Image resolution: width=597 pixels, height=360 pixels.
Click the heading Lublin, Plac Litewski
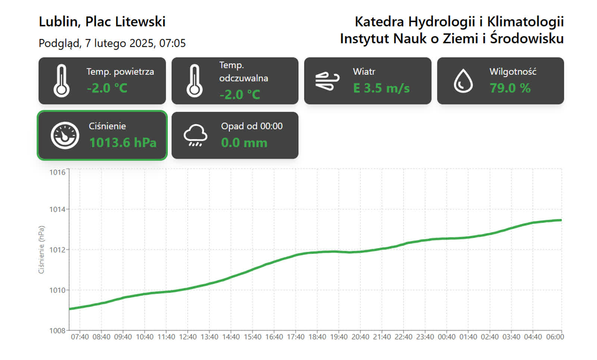(x=102, y=22)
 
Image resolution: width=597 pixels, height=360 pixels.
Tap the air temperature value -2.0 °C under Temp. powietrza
(x=107, y=88)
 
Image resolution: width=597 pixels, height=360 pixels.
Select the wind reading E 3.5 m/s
(x=381, y=88)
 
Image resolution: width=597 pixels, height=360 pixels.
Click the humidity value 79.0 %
(x=510, y=88)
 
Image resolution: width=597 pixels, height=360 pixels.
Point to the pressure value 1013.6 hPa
(x=123, y=143)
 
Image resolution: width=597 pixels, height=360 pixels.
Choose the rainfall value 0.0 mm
(x=244, y=143)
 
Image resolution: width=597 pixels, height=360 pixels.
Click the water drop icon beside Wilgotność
(x=463, y=81)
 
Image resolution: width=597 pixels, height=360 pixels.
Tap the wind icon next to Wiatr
(x=327, y=81)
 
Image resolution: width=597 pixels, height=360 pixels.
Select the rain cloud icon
(x=195, y=135)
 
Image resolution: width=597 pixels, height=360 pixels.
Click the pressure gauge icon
(x=65, y=135)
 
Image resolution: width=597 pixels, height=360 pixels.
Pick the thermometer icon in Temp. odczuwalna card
(x=194, y=81)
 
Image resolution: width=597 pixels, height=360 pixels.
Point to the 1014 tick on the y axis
(x=57, y=210)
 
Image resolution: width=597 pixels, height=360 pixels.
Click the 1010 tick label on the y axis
(x=57, y=290)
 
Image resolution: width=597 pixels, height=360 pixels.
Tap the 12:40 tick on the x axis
(x=188, y=337)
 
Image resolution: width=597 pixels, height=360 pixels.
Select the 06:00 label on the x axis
(x=555, y=337)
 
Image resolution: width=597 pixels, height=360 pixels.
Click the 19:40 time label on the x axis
(x=339, y=337)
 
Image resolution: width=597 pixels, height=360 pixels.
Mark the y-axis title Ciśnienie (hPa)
(x=41, y=250)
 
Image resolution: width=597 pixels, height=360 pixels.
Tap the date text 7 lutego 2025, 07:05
(x=135, y=43)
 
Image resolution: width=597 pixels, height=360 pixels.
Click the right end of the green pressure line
(x=560, y=220)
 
